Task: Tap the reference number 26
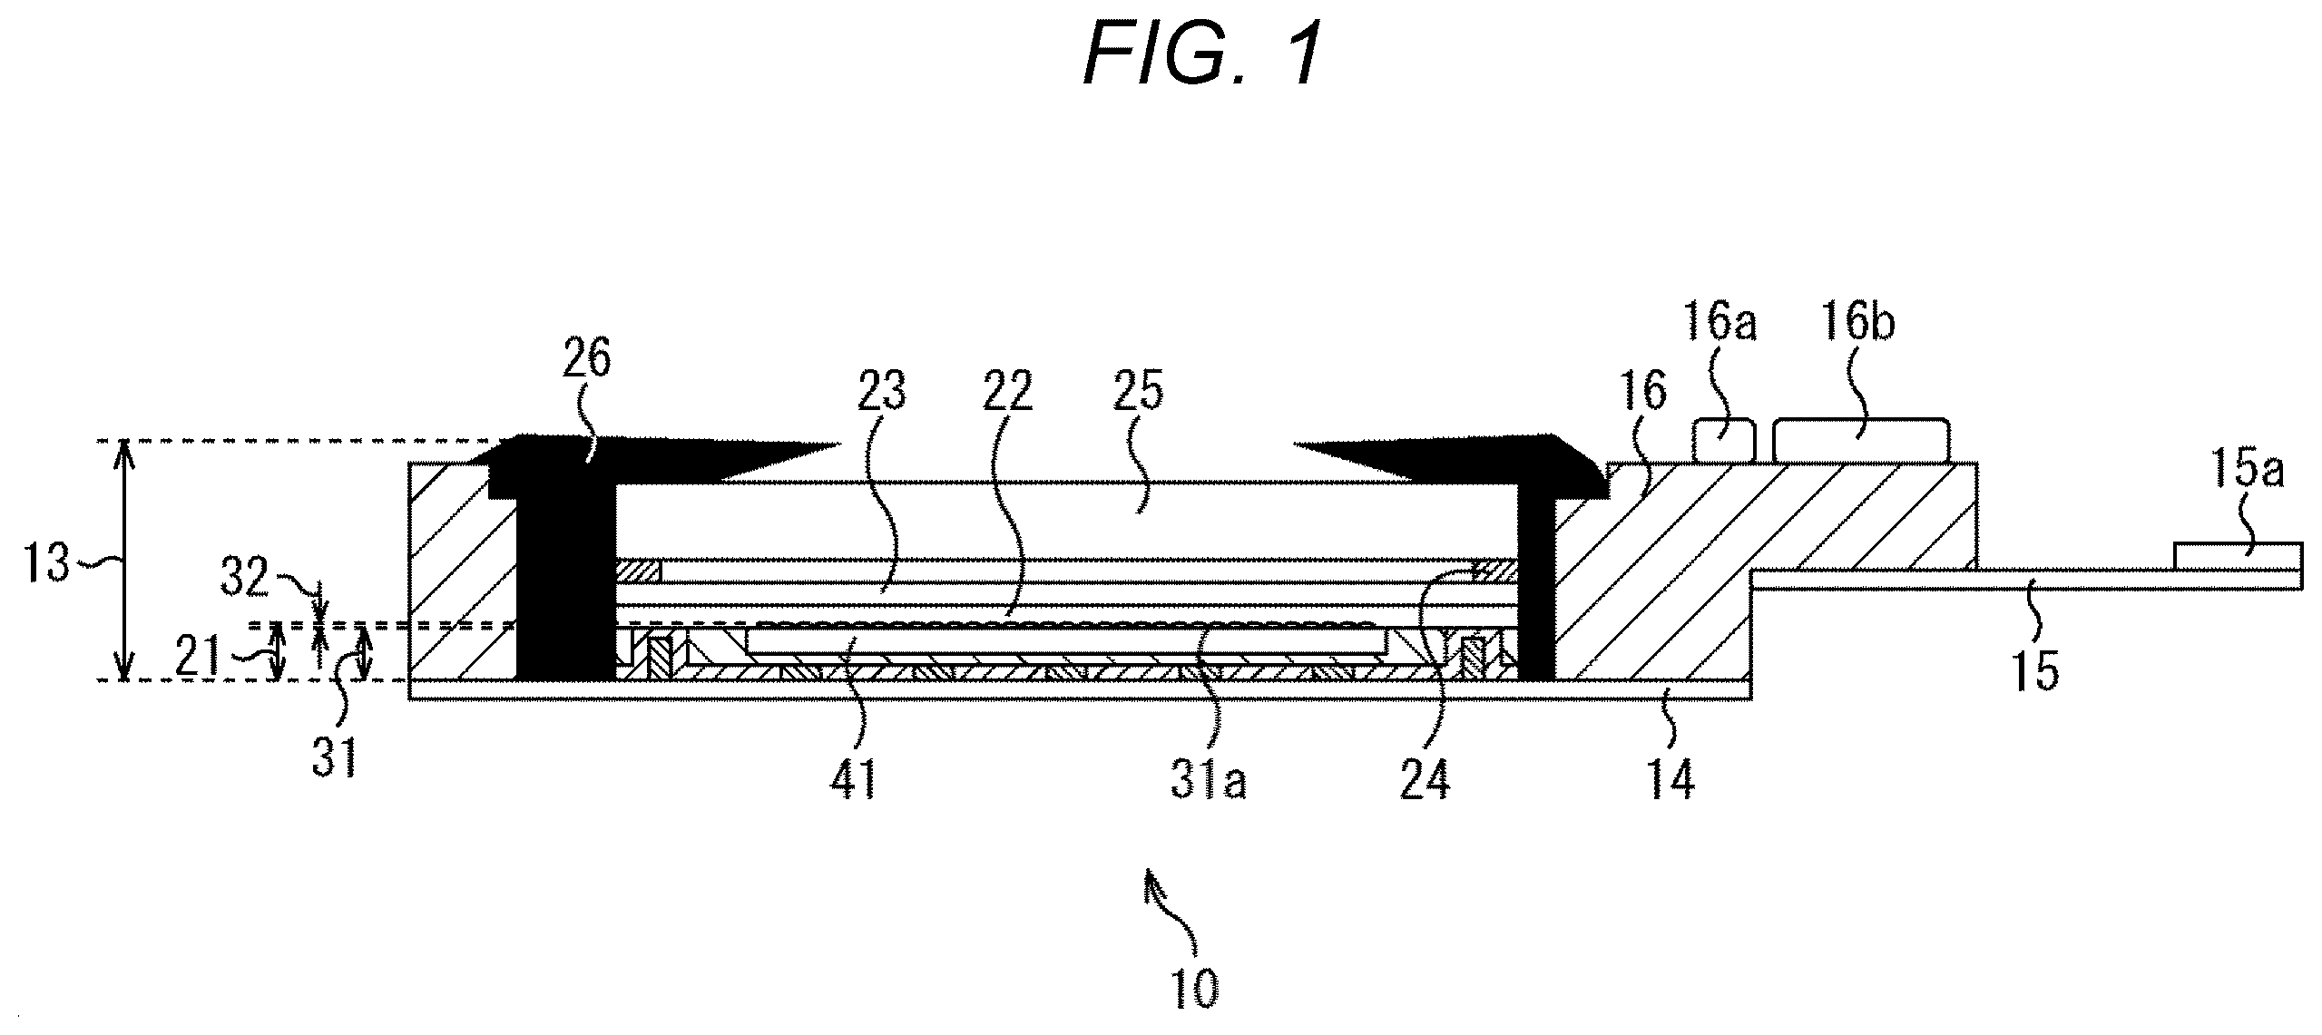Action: click(587, 361)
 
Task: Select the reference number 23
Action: click(880, 392)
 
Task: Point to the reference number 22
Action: click(1006, 392)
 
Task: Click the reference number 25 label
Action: click(1137, 392)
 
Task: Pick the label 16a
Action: click(1719, 324)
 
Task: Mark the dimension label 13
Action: click(45, 563)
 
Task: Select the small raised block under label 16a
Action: click(1724, 441)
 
